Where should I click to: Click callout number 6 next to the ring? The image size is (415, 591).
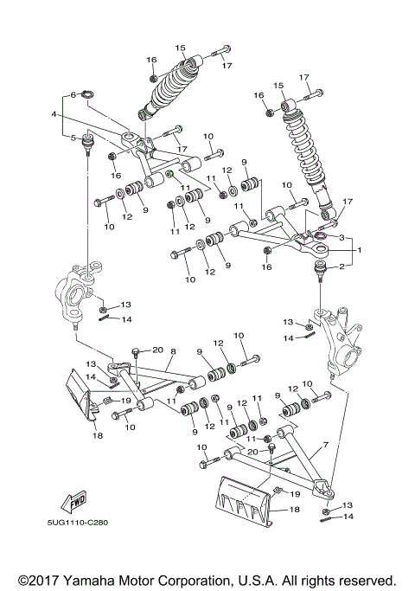(x=74, y=94)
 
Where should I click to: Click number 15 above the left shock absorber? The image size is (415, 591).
(x=181, y=48)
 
